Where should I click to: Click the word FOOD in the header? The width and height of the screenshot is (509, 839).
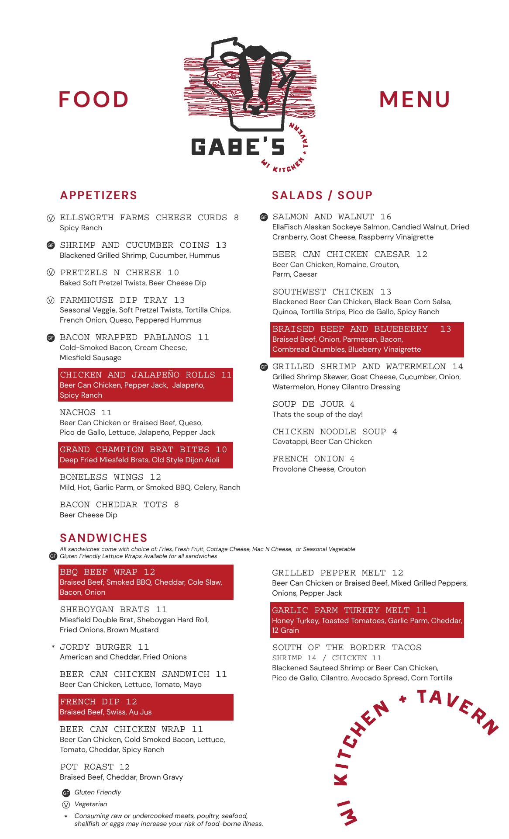(x=94, y=100)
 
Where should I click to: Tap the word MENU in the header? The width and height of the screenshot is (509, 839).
(x=414, y=100)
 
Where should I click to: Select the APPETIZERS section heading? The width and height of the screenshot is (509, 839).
(x=99, y=195)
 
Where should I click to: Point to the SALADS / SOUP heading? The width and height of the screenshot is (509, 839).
(x=322, y=195)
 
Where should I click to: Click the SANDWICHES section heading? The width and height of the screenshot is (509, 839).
(x=103, y=538)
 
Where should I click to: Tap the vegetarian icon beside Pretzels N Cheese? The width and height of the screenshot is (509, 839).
(x=51, y=273)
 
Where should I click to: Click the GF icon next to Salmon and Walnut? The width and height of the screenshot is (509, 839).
(x=264, y=217)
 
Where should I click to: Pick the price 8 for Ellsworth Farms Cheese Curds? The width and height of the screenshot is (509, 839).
(x=236, y=218)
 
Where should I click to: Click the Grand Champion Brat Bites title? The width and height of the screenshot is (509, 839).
(x=138, y=450)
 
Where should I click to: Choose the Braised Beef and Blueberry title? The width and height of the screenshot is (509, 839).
(x=350, y=329)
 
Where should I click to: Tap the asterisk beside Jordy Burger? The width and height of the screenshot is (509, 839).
(x=53, y=647)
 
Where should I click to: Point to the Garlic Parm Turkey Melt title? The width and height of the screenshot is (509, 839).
(x=341, y=610)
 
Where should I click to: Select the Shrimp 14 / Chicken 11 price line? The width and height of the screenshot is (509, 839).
(x=327, y=658)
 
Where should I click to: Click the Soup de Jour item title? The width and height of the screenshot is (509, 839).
(x=308, y=404)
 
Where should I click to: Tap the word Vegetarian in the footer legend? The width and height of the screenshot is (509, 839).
(x=90, y=804)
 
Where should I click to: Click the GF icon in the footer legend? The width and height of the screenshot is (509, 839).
(x=66, y=793)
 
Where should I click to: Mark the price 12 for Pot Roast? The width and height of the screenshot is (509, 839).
(x=124, y=767)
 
